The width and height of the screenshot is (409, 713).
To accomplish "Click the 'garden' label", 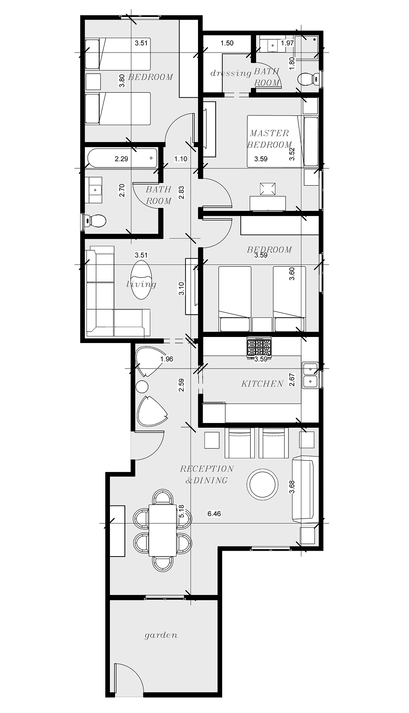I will (161, 635).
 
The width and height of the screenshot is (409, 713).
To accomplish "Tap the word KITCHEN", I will (262, 383).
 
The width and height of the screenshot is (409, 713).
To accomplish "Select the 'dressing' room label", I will (231, 73).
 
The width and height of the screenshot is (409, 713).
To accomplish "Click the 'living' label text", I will (142, 284).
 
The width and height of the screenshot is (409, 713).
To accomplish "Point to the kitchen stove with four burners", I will (259, 348).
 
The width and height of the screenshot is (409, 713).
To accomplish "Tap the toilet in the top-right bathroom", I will (307, 79).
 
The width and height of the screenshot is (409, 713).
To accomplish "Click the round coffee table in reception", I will (263, 484).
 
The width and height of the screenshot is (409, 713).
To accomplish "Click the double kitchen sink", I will (310, 376).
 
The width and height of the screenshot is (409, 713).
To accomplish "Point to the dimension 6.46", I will (214, 514).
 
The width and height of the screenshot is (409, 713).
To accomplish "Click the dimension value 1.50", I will (227, 43).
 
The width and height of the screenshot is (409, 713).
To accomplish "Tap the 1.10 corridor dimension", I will (181, 159).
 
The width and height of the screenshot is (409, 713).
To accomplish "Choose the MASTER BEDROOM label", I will (270, 139).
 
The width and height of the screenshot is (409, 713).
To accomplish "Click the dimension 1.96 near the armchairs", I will (166, 359).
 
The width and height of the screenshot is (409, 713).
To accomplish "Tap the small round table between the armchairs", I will (142, 387).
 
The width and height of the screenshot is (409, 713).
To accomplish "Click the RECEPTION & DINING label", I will (207, 474).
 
